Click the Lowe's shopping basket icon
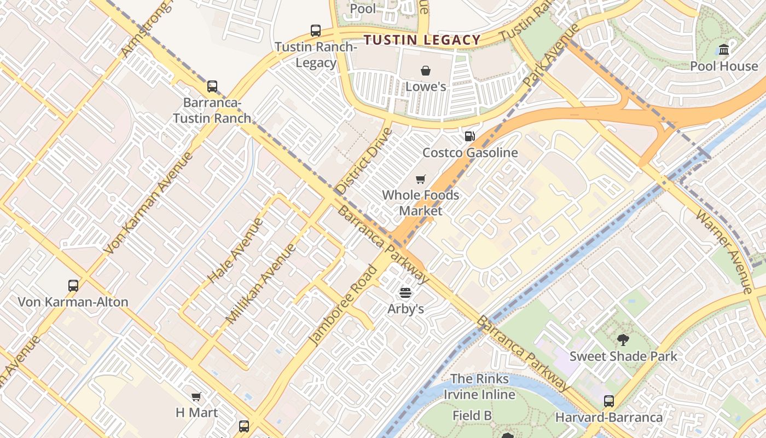[426, 71]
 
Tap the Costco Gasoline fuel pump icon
[469, 136]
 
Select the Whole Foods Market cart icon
[421, 179]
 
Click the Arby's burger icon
[405, 293]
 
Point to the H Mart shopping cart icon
[196, 396]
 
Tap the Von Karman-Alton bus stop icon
[73, 285]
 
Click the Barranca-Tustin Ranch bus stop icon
[212, 87]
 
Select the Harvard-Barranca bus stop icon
[609, 401]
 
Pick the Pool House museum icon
[724, 50]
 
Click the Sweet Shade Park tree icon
[623, 340]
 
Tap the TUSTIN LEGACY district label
[422, 40]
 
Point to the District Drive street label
[364, 161]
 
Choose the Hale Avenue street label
[236, 251]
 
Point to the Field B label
[472, 416]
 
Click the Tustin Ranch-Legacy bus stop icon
[316, 31]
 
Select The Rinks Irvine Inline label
[479, 387]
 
